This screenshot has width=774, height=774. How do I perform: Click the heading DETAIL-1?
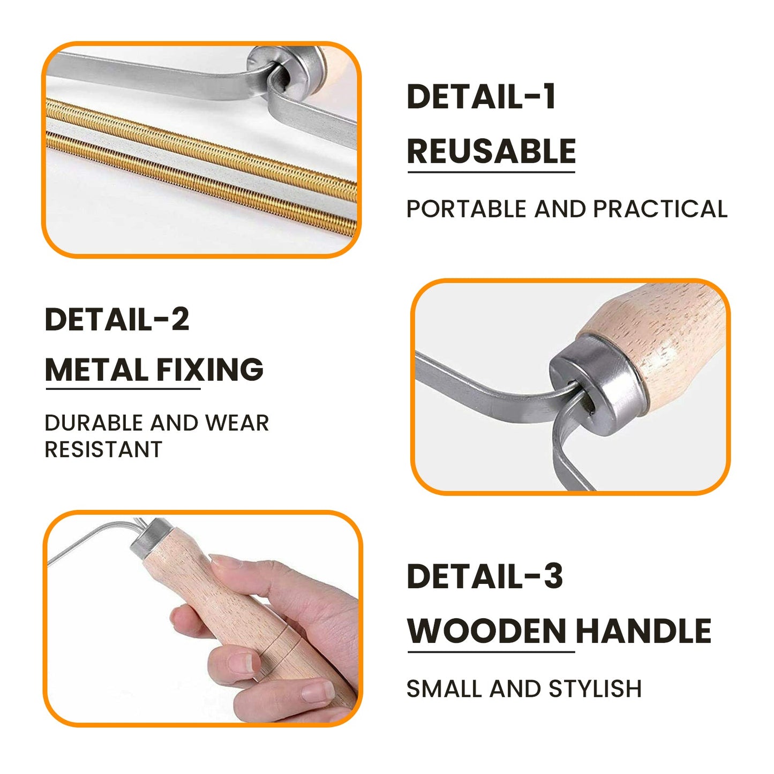481,96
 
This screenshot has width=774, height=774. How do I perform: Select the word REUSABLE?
491,151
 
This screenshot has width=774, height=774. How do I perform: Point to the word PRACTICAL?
660,209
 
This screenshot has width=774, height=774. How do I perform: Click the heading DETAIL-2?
117,319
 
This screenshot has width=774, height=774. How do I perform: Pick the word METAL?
96,370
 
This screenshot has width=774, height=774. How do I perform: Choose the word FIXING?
209,370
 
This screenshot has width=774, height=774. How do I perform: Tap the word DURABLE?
94,423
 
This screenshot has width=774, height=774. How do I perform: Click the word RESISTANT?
103,449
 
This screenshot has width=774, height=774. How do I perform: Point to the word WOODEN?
486,630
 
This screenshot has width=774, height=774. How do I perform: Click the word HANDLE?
643,630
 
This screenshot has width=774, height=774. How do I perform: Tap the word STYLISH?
595,689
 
